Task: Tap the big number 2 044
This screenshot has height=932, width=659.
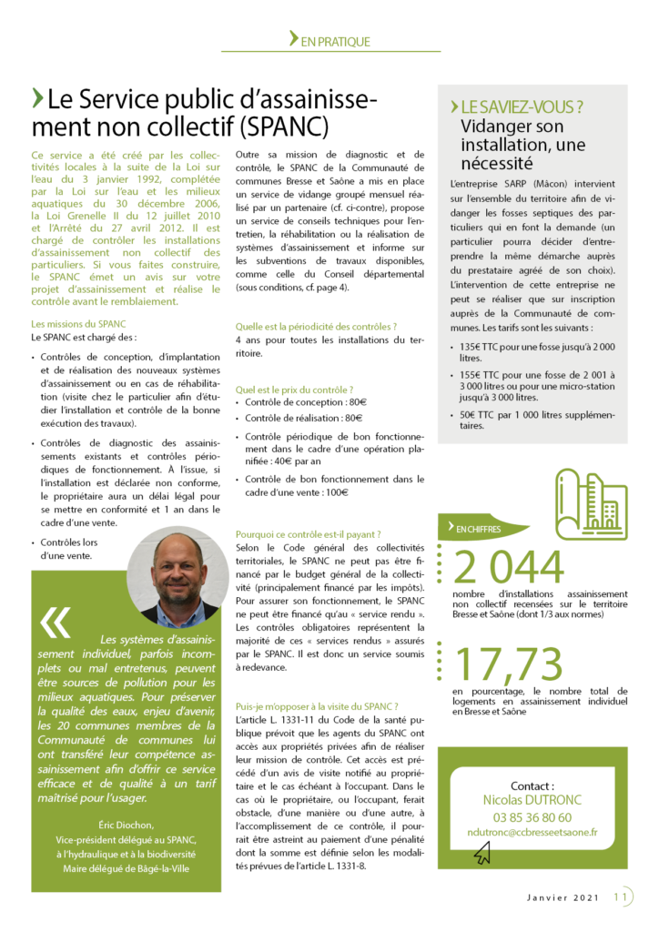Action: tap(509, 568)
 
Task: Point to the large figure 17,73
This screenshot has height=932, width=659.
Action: tap(503, 664)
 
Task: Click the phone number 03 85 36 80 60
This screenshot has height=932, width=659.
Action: tap(532, 816)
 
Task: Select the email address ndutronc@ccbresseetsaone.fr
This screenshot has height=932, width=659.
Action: tap(532, 832)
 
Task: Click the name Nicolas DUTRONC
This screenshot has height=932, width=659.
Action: tap(532, 800)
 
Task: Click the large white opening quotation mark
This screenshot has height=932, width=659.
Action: tap(56, 622)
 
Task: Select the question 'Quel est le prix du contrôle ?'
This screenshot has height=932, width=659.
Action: tap(295, 387)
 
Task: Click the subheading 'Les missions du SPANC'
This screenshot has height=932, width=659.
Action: tap(78, 323)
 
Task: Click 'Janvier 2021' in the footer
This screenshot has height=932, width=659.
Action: tap(563, 898)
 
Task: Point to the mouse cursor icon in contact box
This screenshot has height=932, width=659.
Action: tap(482, 851)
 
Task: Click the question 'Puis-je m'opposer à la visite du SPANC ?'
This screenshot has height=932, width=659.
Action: tap(316, 705)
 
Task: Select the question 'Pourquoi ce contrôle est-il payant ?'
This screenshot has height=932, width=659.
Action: tap(308, 533)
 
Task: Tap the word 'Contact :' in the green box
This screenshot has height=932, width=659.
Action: tap(532, 785)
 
